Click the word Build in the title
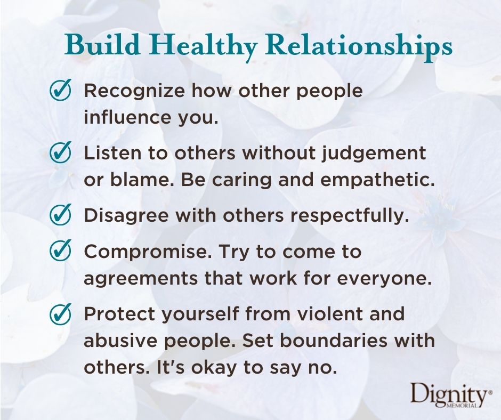[102, 45]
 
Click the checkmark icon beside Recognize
[60, 90]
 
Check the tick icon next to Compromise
[60, 251]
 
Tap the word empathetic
[377, 181]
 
